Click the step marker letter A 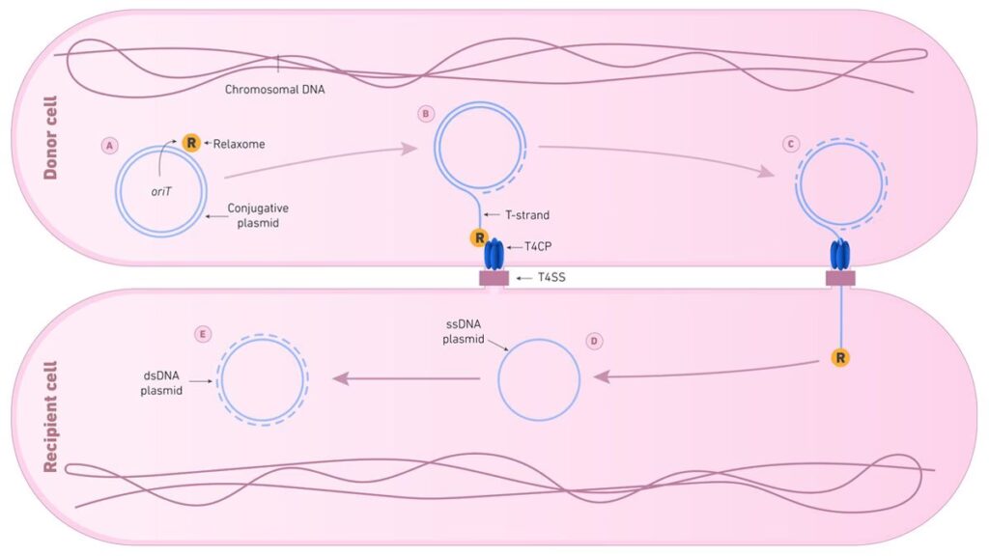coord(110,145)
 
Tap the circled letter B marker coord(426,113)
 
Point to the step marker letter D coord(595,341)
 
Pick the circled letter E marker coord(202,334)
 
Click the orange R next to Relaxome coord(191,144)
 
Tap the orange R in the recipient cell coord(840,357)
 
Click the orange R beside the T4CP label coord(478,237)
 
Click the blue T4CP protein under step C coord(839,256)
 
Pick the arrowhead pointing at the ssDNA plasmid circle coord(602,377)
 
